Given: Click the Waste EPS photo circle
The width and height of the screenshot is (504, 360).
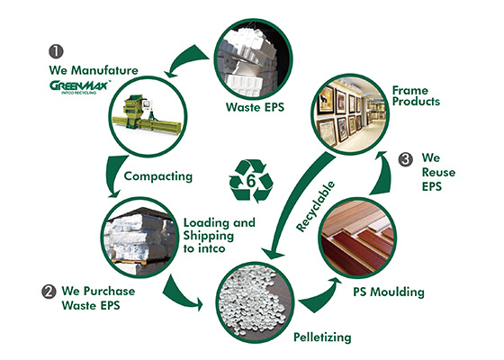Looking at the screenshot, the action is [253, 59].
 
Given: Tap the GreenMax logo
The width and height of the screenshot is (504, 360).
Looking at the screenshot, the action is [80, 87].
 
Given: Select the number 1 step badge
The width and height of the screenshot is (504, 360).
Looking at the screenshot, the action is [56, 51].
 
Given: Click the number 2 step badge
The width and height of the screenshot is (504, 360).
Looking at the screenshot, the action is [49, 292].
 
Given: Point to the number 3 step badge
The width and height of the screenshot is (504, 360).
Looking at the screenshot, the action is [406, 160].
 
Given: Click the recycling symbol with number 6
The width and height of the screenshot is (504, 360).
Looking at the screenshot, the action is [251, 181].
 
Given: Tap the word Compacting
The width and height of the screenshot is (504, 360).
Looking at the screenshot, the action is [158, 176].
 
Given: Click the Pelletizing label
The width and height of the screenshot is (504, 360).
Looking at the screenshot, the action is [322, 337].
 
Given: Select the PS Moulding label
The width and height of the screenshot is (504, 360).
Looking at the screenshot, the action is [389, 292].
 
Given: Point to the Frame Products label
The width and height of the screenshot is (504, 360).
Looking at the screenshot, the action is [416, 95].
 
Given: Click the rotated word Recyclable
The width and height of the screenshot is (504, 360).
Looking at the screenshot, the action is [315, 207].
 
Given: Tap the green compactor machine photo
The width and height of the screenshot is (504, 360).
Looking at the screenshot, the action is [148, 116].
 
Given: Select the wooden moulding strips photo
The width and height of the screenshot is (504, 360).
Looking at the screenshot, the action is [357, 238].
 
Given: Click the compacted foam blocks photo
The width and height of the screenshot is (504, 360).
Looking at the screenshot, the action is [139, 238].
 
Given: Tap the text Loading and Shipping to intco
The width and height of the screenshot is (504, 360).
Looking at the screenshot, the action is [220, 236].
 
